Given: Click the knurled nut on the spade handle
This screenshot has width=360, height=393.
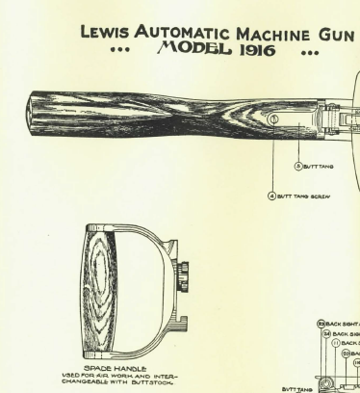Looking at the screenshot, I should click(x=183, y=269).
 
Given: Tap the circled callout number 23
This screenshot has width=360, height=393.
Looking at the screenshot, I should click(x=324, y=325).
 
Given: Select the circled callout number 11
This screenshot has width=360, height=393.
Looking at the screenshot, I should click(x=334, y=343).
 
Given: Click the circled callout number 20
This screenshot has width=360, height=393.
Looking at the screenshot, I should click(x=344, y=353).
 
